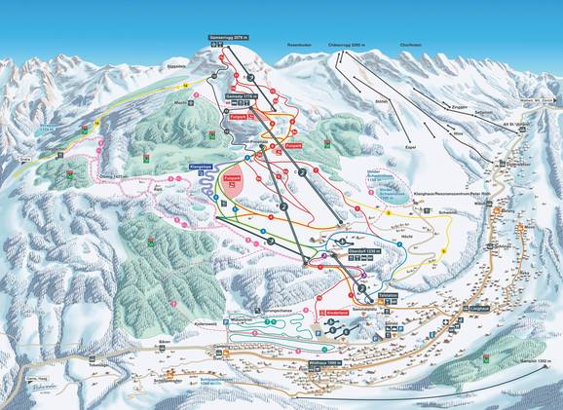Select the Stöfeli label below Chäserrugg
(381, 100)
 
